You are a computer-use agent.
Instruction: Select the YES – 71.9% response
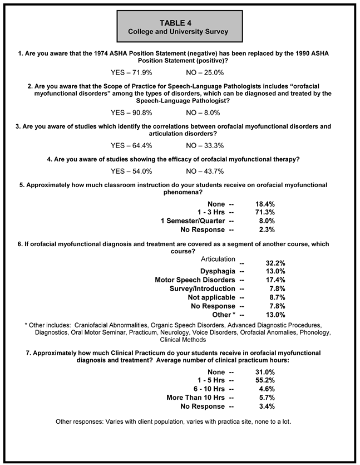[x=131, y=72]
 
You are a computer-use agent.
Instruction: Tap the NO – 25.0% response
[x=205, y=72]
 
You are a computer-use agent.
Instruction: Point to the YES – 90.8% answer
[x=131, y=112]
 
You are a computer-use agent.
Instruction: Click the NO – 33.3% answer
[x=205, y=145]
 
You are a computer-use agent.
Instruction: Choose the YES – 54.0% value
[x=131, y=171]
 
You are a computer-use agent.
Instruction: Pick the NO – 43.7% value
[x=205, y=171]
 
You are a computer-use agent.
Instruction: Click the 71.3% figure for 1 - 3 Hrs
[x=265, y=213]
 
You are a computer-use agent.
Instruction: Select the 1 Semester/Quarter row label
[x=193, y=221]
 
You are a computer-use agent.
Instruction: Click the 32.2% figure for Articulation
[x=265, y=262]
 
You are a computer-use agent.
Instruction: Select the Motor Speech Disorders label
[x=195, y=280]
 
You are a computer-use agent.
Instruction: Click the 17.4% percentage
[x=265, y=280]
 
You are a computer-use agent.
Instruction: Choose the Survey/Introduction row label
[x=203, y=288]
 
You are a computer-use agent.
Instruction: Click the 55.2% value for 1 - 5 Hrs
[x=265, y=380]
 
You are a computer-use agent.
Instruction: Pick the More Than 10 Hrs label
[x=195, y=398]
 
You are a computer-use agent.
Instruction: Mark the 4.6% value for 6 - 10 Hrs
[x=267, y=389]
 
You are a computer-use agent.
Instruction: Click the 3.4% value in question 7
[x=267, y=406]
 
